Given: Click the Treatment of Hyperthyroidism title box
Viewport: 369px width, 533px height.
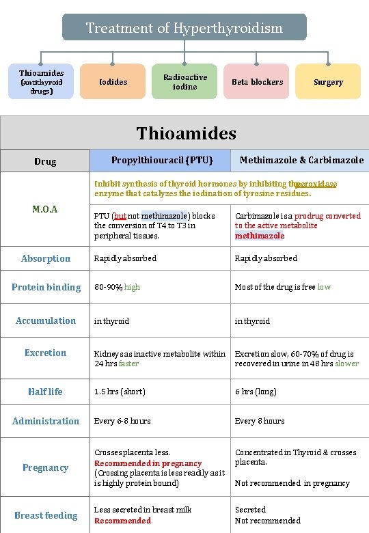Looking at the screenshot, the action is coord(184,28).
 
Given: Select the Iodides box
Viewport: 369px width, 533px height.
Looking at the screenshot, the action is coord(113,82).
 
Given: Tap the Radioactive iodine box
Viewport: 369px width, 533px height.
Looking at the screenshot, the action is coord(184,82).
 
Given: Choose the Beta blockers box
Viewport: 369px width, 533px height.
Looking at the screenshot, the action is coord(257,82).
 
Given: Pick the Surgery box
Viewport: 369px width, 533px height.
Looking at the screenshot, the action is coord(328,82).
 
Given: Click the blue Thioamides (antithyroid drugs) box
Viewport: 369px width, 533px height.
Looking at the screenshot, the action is coord(41,82).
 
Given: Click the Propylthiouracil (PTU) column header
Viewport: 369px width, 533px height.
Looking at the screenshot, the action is coord(162,161).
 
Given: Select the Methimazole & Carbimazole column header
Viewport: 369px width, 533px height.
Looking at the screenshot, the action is coord(301,161).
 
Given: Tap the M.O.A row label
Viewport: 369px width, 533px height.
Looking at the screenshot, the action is coord(45,209).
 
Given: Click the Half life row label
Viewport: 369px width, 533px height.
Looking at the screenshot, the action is coord(45,392).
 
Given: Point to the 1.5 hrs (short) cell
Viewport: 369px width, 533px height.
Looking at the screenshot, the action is coord(120,392).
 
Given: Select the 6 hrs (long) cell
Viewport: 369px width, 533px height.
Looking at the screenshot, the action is coord(256,392).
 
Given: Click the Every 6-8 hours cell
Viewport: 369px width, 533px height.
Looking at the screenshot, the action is coord(122,421).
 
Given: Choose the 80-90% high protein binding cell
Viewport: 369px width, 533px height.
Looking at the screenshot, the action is coord(117,287).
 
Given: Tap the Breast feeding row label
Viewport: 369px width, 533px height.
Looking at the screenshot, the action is coord(46,515).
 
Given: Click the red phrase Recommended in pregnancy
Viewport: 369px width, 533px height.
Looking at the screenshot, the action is coord(148,463).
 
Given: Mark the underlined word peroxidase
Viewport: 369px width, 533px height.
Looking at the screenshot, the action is coord(316,184).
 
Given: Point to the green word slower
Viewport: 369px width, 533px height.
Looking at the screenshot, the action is coord(346,364).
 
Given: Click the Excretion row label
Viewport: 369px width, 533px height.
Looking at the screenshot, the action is coord(45,353).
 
